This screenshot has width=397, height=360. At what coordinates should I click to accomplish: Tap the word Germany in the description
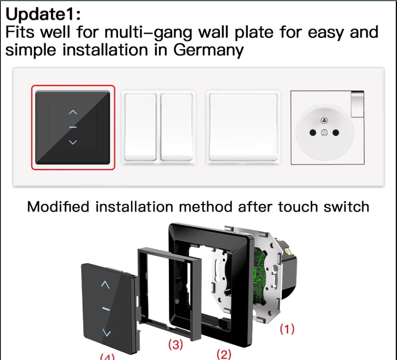(208, 50)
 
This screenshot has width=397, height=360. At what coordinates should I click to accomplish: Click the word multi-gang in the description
(149, 33)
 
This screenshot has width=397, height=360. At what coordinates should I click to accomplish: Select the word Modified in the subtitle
(58, 207)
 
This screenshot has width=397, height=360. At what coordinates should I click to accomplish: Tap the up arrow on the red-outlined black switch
(73, 112)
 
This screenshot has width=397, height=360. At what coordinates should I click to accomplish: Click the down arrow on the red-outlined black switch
(73, 142)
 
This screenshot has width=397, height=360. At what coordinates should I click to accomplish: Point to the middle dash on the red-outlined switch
(73, 127)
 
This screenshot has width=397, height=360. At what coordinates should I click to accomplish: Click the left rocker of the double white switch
(140, 127)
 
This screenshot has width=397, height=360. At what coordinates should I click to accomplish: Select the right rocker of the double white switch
(177, 127)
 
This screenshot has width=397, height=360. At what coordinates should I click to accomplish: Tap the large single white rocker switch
(243, 127)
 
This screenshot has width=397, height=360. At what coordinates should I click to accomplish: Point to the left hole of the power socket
(313, 133)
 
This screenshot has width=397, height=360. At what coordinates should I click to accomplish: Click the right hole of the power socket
(336, 133)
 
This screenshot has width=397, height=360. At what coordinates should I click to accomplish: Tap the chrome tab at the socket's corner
(358, 104)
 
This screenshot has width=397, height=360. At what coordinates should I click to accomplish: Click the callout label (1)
(287, 329)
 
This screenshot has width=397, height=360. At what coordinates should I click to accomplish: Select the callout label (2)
(224, 354)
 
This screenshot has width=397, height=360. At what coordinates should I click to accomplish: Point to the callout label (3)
(176, 344)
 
